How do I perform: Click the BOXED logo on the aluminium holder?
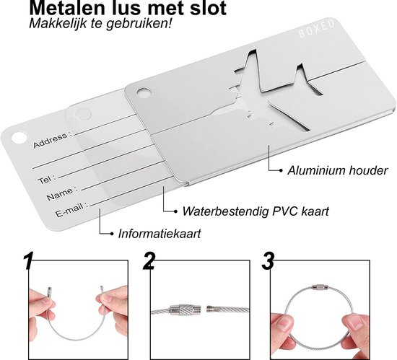click(x=317, y=29)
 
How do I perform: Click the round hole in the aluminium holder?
click(x=144, y=93)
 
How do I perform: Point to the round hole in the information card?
click(x=19, y=138)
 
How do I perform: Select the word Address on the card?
click(x=51, y=140)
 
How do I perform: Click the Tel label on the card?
click(x=45, y=180)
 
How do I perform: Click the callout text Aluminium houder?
click(x=337, y=171)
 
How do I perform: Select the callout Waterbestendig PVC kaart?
click(x=256, y=211)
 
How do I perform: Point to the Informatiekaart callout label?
click(x=160, y=234)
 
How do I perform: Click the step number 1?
click(x=28, y=260)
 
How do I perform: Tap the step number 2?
click(x=149, y=261)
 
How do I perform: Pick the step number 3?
click(x=268, y=261)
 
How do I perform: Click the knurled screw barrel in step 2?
click(x=186, y=310)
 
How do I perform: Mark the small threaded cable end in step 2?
click(x=211, y=309)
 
